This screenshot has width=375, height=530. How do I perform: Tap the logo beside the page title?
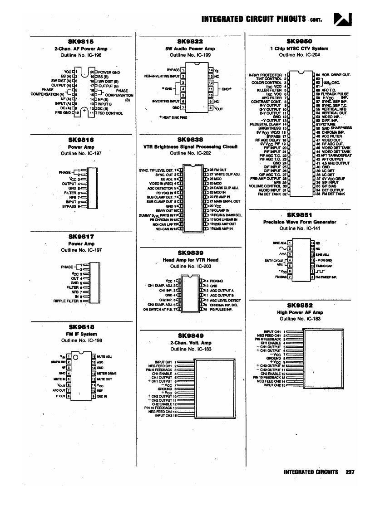tap(340, 19)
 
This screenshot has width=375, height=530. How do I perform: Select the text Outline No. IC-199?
tap(190, 55)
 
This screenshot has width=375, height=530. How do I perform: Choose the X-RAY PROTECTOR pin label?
tap(266, 74)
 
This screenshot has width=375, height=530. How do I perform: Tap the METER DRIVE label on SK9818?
tap(106, 373)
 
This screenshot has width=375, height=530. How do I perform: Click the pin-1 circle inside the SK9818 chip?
tap(75, 356)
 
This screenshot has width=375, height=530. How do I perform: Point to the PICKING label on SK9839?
tap(217, 281)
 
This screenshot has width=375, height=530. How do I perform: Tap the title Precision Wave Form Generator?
tap(300, 222)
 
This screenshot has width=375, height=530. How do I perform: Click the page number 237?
tap(349, 472)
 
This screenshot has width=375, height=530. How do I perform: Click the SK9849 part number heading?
tap(190, 336)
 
